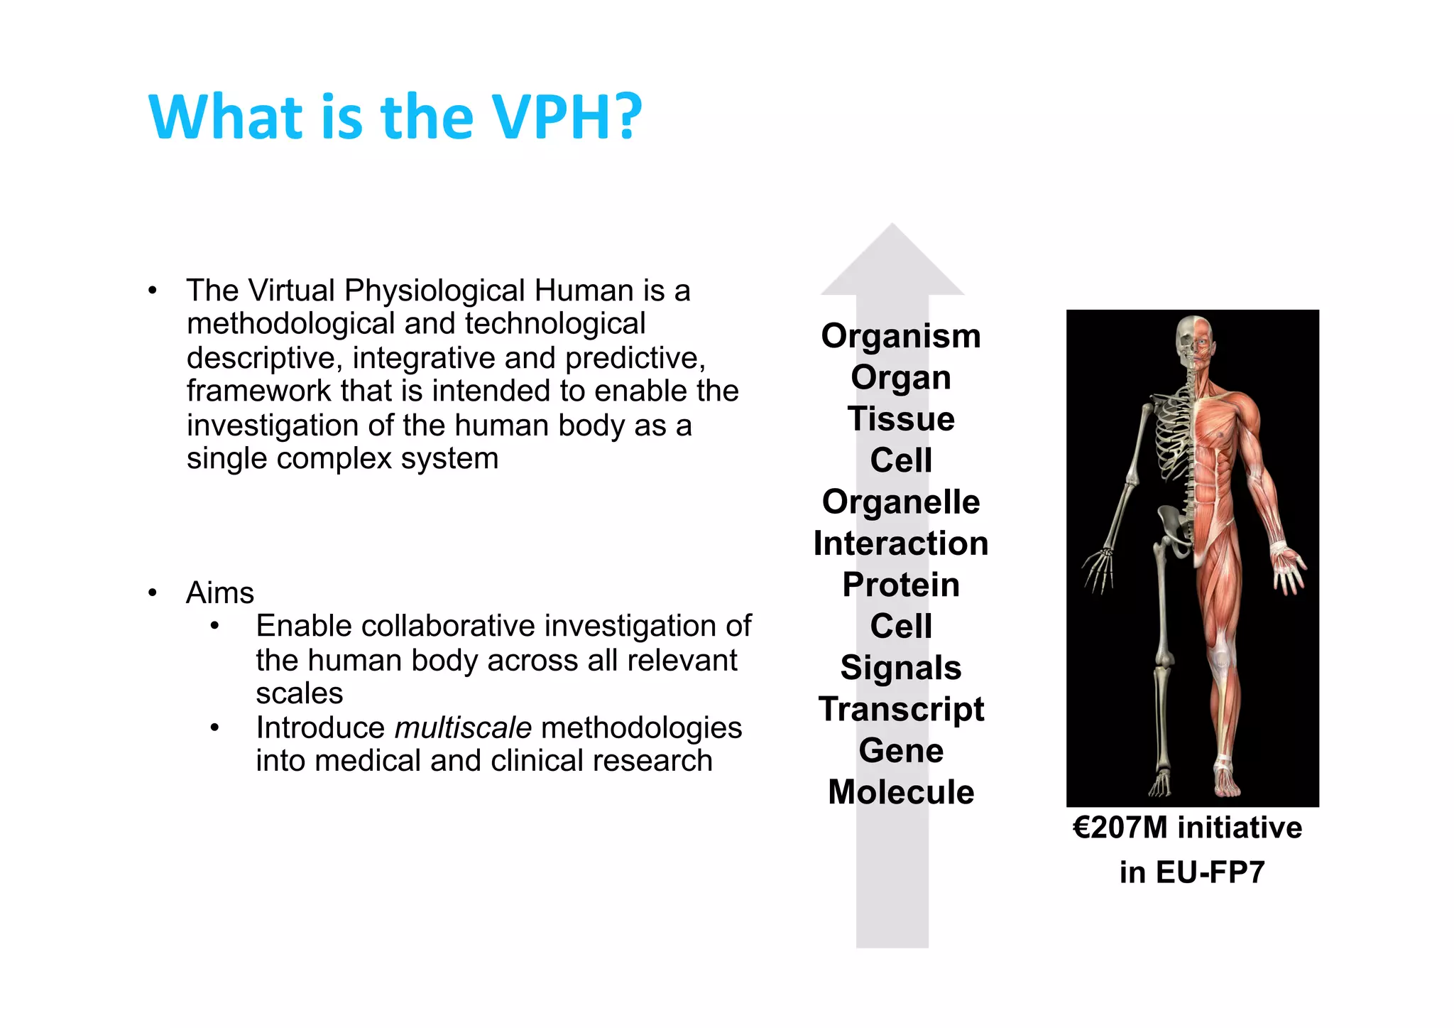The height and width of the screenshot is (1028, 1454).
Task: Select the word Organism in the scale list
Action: coord(900,336)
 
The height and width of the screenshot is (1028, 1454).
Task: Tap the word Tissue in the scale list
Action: coord(900,418)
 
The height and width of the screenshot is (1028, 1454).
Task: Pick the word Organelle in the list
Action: coord(900,502)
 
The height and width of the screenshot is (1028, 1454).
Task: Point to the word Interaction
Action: coord(900,543)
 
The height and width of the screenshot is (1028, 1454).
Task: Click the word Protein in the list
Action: coord(900,585)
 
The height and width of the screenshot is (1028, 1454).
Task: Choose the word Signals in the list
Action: coord(900,668)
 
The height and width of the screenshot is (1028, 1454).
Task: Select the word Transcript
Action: coord(900,710)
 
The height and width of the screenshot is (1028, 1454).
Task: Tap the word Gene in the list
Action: coord(900,751)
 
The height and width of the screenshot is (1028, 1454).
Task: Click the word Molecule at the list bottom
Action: coord(900,792)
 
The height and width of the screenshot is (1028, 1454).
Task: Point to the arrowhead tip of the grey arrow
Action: coord(892,226)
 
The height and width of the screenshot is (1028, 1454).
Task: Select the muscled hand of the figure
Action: coord(1289,568)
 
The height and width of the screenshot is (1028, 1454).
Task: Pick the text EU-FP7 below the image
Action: coord(1210,872)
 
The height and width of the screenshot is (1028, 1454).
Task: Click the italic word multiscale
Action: coord(463,727)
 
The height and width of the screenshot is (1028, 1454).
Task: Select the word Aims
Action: coord(219,593)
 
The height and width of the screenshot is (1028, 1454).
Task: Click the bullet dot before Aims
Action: coord(153,593)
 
